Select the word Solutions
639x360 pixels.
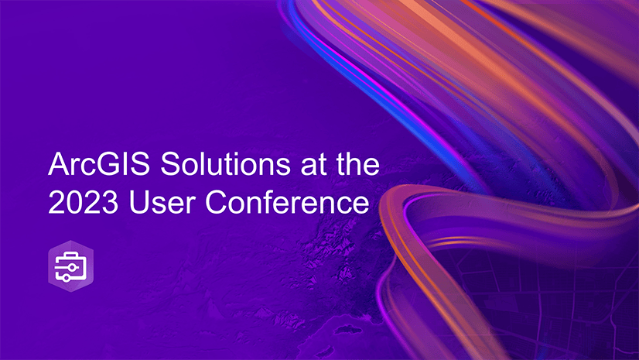point(225,164)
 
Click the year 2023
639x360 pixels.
point(83,201)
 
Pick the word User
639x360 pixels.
point(162,201)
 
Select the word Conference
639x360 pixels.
point(287,201)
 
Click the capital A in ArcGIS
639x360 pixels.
point(59,164)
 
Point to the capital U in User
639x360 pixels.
point(138,202)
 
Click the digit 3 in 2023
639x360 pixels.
point(110,202)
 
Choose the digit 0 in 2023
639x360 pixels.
point(74,202)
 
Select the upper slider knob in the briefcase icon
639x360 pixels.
point(72,267)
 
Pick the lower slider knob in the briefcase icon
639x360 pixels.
point(66,278)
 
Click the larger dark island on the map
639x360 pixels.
point(347,328)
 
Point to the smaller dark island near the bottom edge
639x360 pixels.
point(325,351)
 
